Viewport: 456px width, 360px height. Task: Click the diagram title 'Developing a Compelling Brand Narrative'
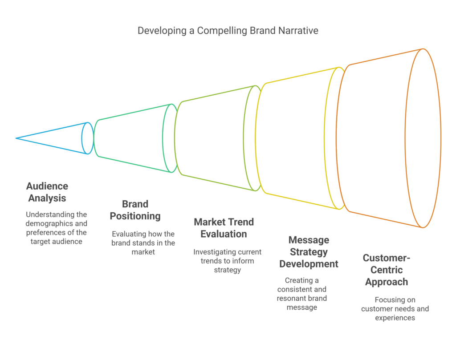coord(228,31)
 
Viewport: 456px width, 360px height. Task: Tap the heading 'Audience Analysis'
coord(47,192)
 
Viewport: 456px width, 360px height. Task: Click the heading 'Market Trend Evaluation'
coord(224,228)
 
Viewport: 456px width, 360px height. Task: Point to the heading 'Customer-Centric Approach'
coord(386,270)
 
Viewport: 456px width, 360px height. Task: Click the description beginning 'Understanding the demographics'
coord(56,228)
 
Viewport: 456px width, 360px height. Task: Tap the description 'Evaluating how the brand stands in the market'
coord(143,243)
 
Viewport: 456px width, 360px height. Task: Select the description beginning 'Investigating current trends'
coord(227,261)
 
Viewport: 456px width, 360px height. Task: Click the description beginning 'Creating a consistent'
coord(302,294)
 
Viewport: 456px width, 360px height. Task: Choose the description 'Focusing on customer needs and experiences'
coord(395,309)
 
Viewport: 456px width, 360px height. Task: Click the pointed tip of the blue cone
coord(16,138)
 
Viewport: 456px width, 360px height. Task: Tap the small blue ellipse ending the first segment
coord(87,138)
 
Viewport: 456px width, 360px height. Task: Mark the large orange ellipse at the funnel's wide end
coord(423,138)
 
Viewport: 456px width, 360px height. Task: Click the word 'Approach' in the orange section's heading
coord(386,282)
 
